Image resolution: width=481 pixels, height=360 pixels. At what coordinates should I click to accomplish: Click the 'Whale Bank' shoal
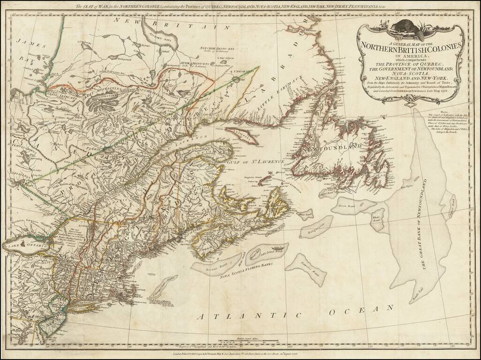point(377,219)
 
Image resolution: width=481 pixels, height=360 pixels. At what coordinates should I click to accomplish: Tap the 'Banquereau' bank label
point(316,228)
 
